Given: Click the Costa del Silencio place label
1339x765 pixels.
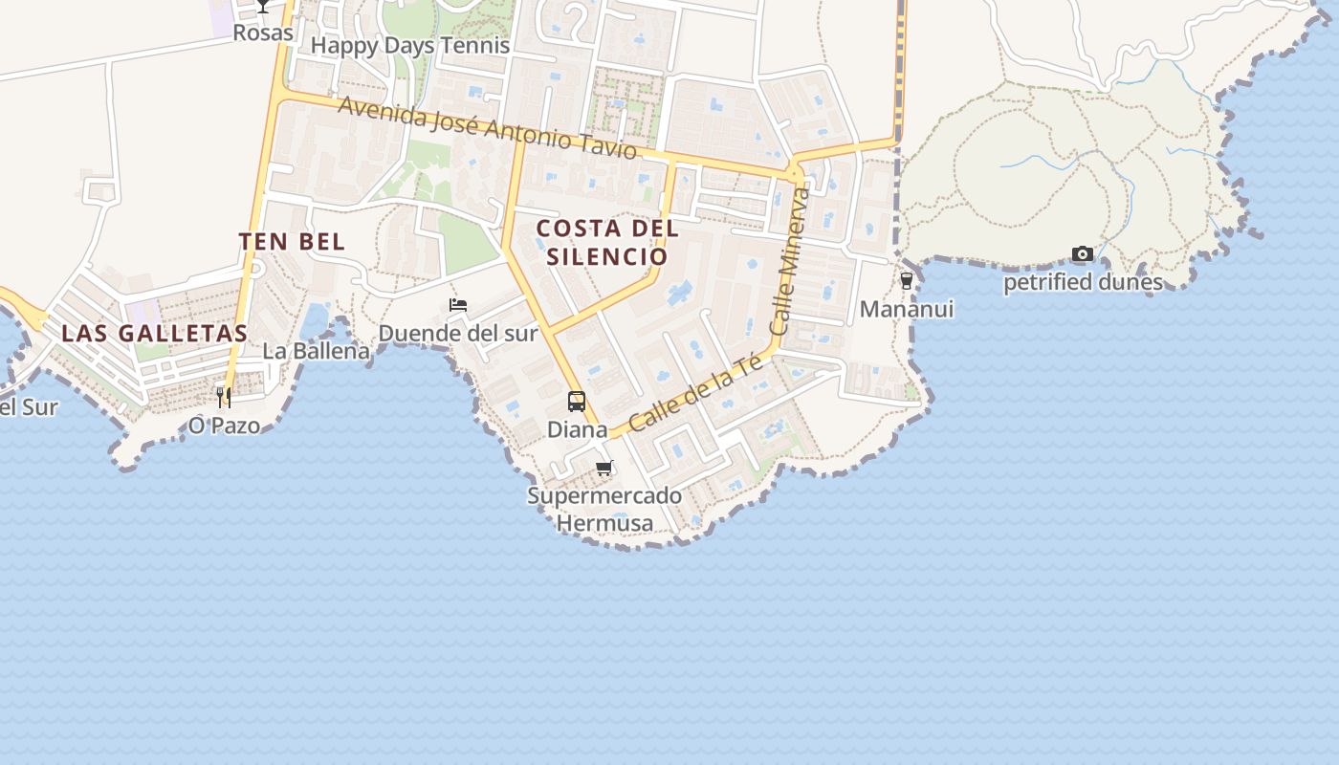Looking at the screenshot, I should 607,242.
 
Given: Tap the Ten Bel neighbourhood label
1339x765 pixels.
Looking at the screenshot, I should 292,241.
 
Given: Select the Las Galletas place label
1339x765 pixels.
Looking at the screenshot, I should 154,333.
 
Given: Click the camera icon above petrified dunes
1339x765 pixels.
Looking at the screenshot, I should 1083,253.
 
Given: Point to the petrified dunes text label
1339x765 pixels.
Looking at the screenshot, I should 1083,282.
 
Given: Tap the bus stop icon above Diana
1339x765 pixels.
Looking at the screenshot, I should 577,402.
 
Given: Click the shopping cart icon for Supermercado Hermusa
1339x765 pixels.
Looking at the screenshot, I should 604,469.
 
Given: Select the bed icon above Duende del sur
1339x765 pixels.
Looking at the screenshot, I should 458,305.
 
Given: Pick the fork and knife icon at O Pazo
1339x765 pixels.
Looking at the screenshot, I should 224,397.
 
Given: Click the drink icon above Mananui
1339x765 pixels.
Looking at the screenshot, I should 907,281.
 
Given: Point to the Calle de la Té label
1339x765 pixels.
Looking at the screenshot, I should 695,391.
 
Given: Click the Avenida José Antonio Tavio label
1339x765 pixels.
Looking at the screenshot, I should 487,127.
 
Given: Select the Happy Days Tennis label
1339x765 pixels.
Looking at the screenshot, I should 410,45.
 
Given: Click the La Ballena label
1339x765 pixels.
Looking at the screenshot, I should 316,351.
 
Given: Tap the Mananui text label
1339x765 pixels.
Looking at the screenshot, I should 907,309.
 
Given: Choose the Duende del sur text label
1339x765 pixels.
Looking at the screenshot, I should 458,333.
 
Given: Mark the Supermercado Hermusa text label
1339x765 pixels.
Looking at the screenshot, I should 604,510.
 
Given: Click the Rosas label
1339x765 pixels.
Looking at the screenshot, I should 263,33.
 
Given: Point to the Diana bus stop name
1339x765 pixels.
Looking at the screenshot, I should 577,429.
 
